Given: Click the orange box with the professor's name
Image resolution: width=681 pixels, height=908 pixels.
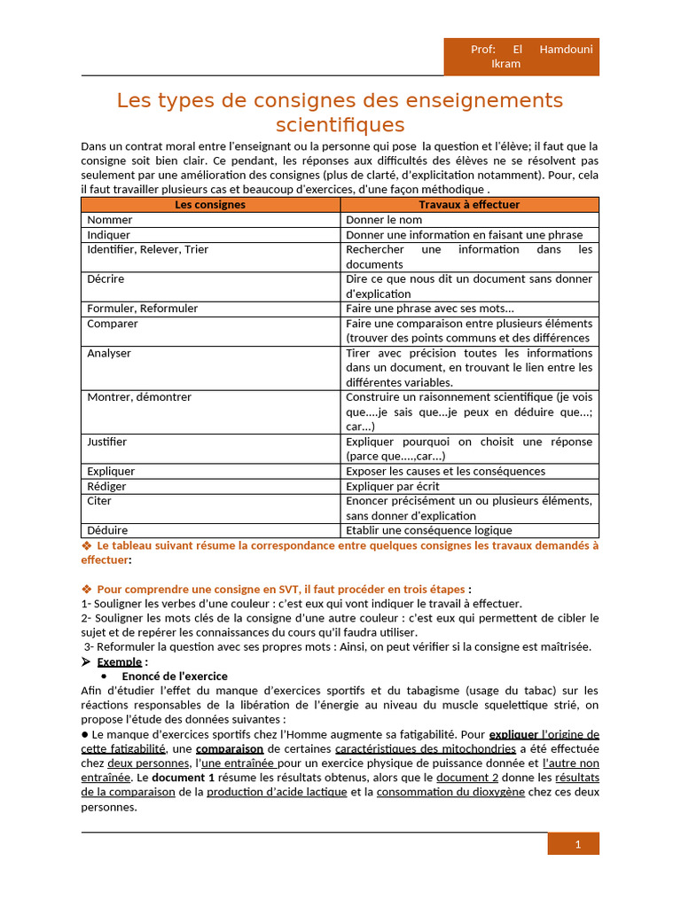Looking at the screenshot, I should pyautogui.click(x=521, y=56).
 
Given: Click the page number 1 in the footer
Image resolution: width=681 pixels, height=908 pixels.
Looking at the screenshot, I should pyautogui.click(x=577, y=844).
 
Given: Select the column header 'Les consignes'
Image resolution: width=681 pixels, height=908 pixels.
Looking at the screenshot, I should pyautogui.click(x=210, y=205).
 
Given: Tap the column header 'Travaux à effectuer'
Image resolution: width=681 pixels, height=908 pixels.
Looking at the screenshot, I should pyautogui.click(x=469, y=205).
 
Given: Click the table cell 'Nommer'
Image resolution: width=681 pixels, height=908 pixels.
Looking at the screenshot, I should pyautogui.click(x=110, y=220).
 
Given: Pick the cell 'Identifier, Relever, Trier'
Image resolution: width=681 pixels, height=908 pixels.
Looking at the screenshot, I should pyautogui.click(x=147, y=250).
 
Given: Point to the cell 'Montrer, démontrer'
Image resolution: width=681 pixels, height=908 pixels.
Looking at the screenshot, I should pyautogui.click(x=139, y=397).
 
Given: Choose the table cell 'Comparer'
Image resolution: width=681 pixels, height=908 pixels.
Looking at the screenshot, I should pyautogui.click(x=113, y=324).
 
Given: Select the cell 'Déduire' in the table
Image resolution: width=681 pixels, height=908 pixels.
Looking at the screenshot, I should pyautogui.click(x=107, y=530).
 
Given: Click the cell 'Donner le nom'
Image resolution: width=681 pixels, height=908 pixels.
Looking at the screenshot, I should pyautogui.click(x=384, y=220).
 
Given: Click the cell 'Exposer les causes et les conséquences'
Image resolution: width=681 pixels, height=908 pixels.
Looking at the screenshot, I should pyautogui.click(x=445, y=472).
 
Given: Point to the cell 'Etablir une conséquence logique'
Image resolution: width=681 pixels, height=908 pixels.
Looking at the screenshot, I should pyautogui.click(x=428, y=530).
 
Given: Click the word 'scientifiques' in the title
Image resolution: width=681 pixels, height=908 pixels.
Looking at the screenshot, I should pyautogui.click(x=340, y=124).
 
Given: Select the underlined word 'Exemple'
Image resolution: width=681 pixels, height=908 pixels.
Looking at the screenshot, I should pyautogui.click(x=119, y=661).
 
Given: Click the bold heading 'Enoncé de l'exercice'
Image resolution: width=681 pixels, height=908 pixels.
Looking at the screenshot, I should pyautogui.click(x=175, y=676).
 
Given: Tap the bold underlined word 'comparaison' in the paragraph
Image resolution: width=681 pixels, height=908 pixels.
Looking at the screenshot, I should pyautogui.click(x=230, y=748).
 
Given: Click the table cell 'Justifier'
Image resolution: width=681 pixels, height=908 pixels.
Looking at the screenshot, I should pyautogui.click(x=107, y=442).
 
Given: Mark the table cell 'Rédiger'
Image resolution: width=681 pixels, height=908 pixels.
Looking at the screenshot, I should pyautogui.click(x=106, y=486).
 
